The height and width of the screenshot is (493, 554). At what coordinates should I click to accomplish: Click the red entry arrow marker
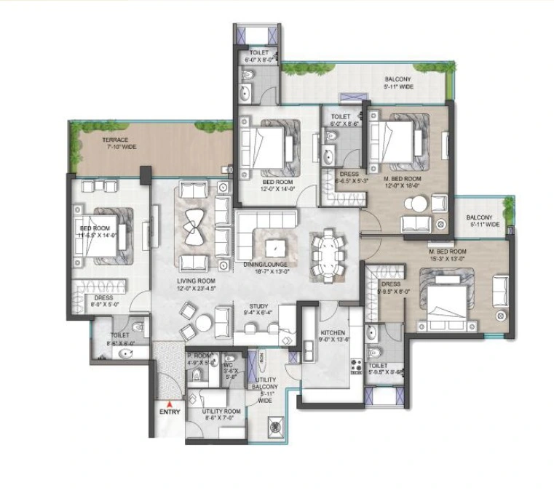point(169,403)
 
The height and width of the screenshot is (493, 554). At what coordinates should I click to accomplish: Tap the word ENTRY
point(169,412)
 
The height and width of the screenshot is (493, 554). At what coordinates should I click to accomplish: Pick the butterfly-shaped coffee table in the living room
point(196,226)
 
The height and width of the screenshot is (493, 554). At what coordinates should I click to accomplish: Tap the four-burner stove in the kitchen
point(357,365)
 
